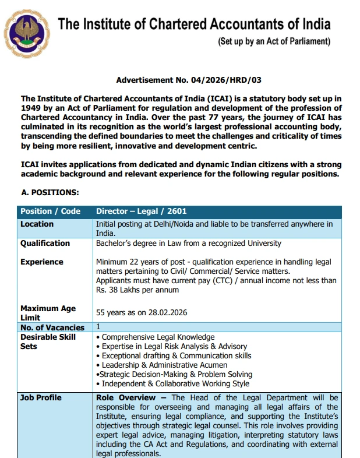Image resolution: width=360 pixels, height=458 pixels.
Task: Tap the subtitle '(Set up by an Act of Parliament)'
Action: coord(274,41)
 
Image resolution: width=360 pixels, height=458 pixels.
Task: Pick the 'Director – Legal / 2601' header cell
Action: coord(141,212)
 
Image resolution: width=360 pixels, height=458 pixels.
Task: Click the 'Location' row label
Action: coord(37,224)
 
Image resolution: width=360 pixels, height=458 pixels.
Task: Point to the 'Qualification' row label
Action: coord(45,244)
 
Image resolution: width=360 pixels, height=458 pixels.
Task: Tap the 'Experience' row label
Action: coord(42,262)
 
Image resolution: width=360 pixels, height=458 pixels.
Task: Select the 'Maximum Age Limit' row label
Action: coord(47,313)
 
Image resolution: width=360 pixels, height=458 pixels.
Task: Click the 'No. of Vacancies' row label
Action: coord(52,327)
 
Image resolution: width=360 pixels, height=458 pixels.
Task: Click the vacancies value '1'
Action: coord(98,327)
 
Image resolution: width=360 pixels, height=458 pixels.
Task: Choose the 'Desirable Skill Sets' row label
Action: coord(48,341)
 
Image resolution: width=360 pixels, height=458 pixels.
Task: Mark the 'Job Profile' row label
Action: coord(41,398)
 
